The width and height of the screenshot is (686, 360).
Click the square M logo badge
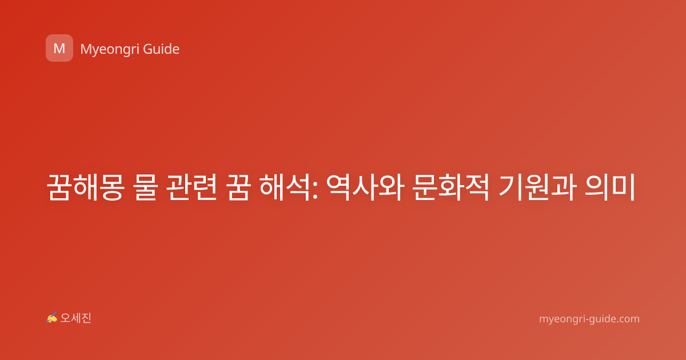coord(59,48)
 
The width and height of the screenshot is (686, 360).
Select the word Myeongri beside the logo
coord(109,50)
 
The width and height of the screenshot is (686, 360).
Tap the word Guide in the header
coord(161,49)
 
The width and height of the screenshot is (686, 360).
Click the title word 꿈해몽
coord(86,187)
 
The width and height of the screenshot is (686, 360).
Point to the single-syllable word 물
coord(146,187)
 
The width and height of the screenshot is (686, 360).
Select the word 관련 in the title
coord(192,187)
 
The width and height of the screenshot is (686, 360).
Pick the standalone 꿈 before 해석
coord(238,187)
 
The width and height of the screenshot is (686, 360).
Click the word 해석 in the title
coord(285,187)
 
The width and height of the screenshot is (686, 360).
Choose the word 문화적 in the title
coord(450,187)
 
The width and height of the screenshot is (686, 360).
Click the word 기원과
coord(537,187)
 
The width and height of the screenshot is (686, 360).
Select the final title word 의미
coord(609,187)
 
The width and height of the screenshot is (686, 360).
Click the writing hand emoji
coord(51,318)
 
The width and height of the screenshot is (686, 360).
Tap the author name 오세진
coord(75,318)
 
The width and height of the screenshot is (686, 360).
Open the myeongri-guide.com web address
coord(589,319)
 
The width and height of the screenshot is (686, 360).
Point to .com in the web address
coord(627,319)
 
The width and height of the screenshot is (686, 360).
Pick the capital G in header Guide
coord(148,49)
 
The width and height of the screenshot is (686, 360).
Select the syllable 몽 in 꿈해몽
coord(112,187)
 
